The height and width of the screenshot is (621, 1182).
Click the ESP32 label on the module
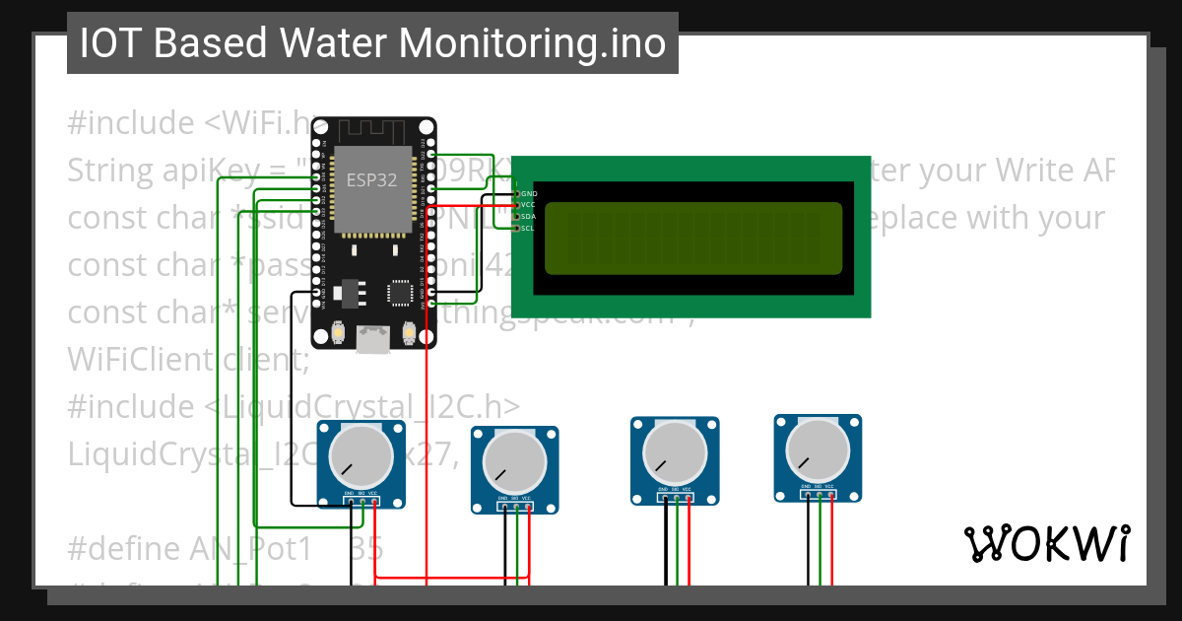366,180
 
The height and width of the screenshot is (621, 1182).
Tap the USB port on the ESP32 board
373,339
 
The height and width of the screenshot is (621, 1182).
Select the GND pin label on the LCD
529,193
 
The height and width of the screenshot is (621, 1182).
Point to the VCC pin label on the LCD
528,205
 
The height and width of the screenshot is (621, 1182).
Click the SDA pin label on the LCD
528,216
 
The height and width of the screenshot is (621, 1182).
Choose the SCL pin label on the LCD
528,228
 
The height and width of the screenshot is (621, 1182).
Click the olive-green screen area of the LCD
692,238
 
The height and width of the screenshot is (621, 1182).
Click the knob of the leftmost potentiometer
360,454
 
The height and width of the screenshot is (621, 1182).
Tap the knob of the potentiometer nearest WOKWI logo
818,449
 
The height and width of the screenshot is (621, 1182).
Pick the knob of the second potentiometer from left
514,460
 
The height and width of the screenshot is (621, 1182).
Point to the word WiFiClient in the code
138,360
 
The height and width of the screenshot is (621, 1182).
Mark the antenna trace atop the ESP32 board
372,130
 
